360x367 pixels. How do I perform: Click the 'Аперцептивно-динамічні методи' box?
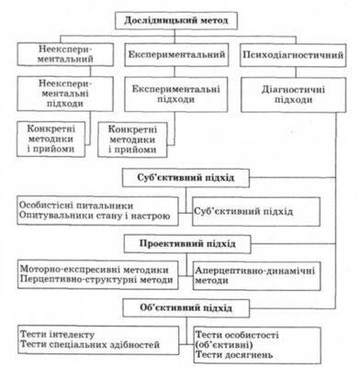[x=266, y=276]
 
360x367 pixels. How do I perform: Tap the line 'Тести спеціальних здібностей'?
[x=87, y=347]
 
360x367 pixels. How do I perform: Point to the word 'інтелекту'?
[x=74, y=335]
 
